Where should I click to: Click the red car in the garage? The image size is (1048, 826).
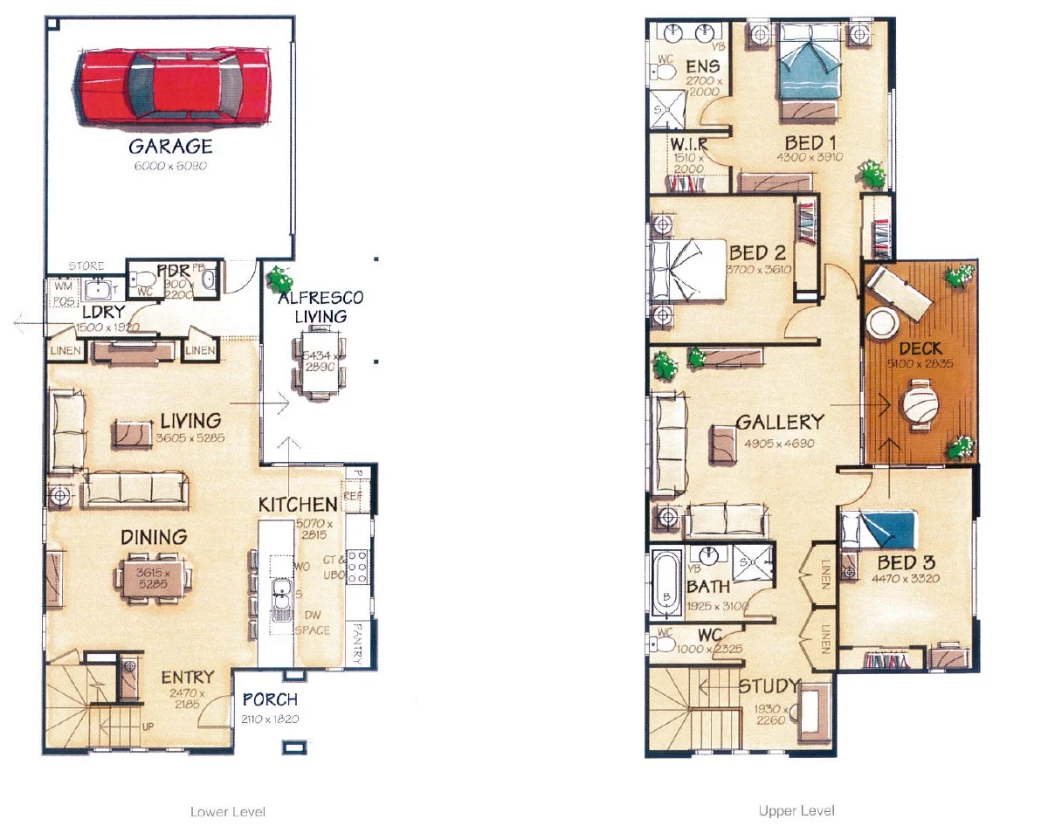point(173,85)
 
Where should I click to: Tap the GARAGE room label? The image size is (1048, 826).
point(170,146)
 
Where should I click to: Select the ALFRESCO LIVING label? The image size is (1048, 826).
point(321,306)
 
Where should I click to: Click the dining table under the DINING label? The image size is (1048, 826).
point(154,577)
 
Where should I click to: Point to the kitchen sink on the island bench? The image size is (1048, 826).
point(281,601)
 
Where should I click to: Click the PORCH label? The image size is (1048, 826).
point(270,699)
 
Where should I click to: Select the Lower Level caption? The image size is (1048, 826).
point(228,811)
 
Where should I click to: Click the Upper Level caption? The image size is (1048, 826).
point(796,811)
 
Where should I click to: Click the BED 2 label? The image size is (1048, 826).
point(758,253)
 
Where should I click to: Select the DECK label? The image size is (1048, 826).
point(920,349)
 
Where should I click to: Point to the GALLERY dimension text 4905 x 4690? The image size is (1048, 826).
point(779,444)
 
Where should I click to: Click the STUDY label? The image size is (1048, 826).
point(769,685)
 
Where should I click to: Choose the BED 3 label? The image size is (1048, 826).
point(906,561)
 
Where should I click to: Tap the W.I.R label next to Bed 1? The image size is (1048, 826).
point(687,143)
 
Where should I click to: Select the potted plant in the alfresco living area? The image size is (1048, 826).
point(279,279)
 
